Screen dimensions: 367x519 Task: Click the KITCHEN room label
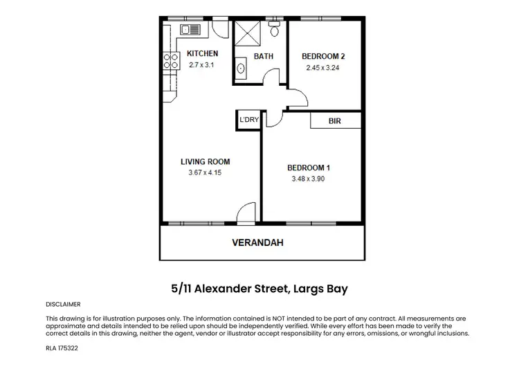point(203,53)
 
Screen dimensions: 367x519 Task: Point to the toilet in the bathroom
point(274,29)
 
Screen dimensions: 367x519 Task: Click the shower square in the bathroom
point(246,32)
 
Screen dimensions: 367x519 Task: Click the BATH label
point(264,56)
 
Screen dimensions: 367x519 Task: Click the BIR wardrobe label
point(335,120)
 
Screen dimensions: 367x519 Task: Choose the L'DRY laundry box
point(248,120)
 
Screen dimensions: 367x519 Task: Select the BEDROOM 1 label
point(309,167)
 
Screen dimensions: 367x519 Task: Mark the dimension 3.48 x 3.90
point(309,179)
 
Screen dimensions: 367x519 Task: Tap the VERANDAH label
point(257,243)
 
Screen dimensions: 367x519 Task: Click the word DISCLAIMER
point(64,304)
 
